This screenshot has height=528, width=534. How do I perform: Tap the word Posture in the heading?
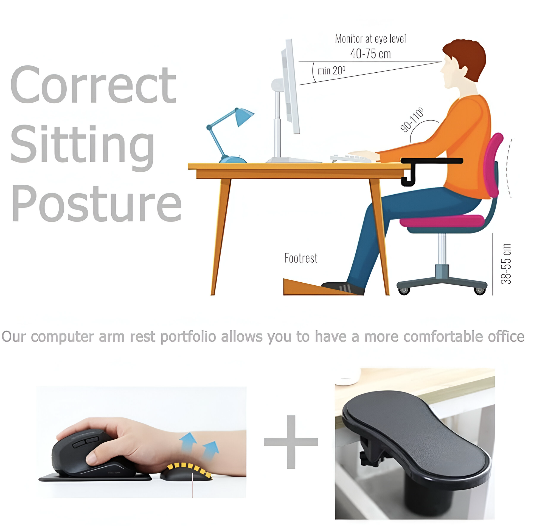pos(97,204)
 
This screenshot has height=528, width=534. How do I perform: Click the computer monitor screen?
pos(290,86)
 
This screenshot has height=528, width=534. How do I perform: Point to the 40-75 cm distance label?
pos(371,53)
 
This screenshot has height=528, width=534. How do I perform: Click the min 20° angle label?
pos(331,71)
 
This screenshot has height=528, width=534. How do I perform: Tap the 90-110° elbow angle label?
pos(412,120)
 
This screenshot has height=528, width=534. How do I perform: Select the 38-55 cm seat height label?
pos(506,264)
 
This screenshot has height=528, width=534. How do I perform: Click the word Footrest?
pos(301,258)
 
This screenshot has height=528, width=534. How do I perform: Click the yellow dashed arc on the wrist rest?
pos(190,468)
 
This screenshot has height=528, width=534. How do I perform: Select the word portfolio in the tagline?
pos(188,337)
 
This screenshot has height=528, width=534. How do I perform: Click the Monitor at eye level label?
pos(371,39)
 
